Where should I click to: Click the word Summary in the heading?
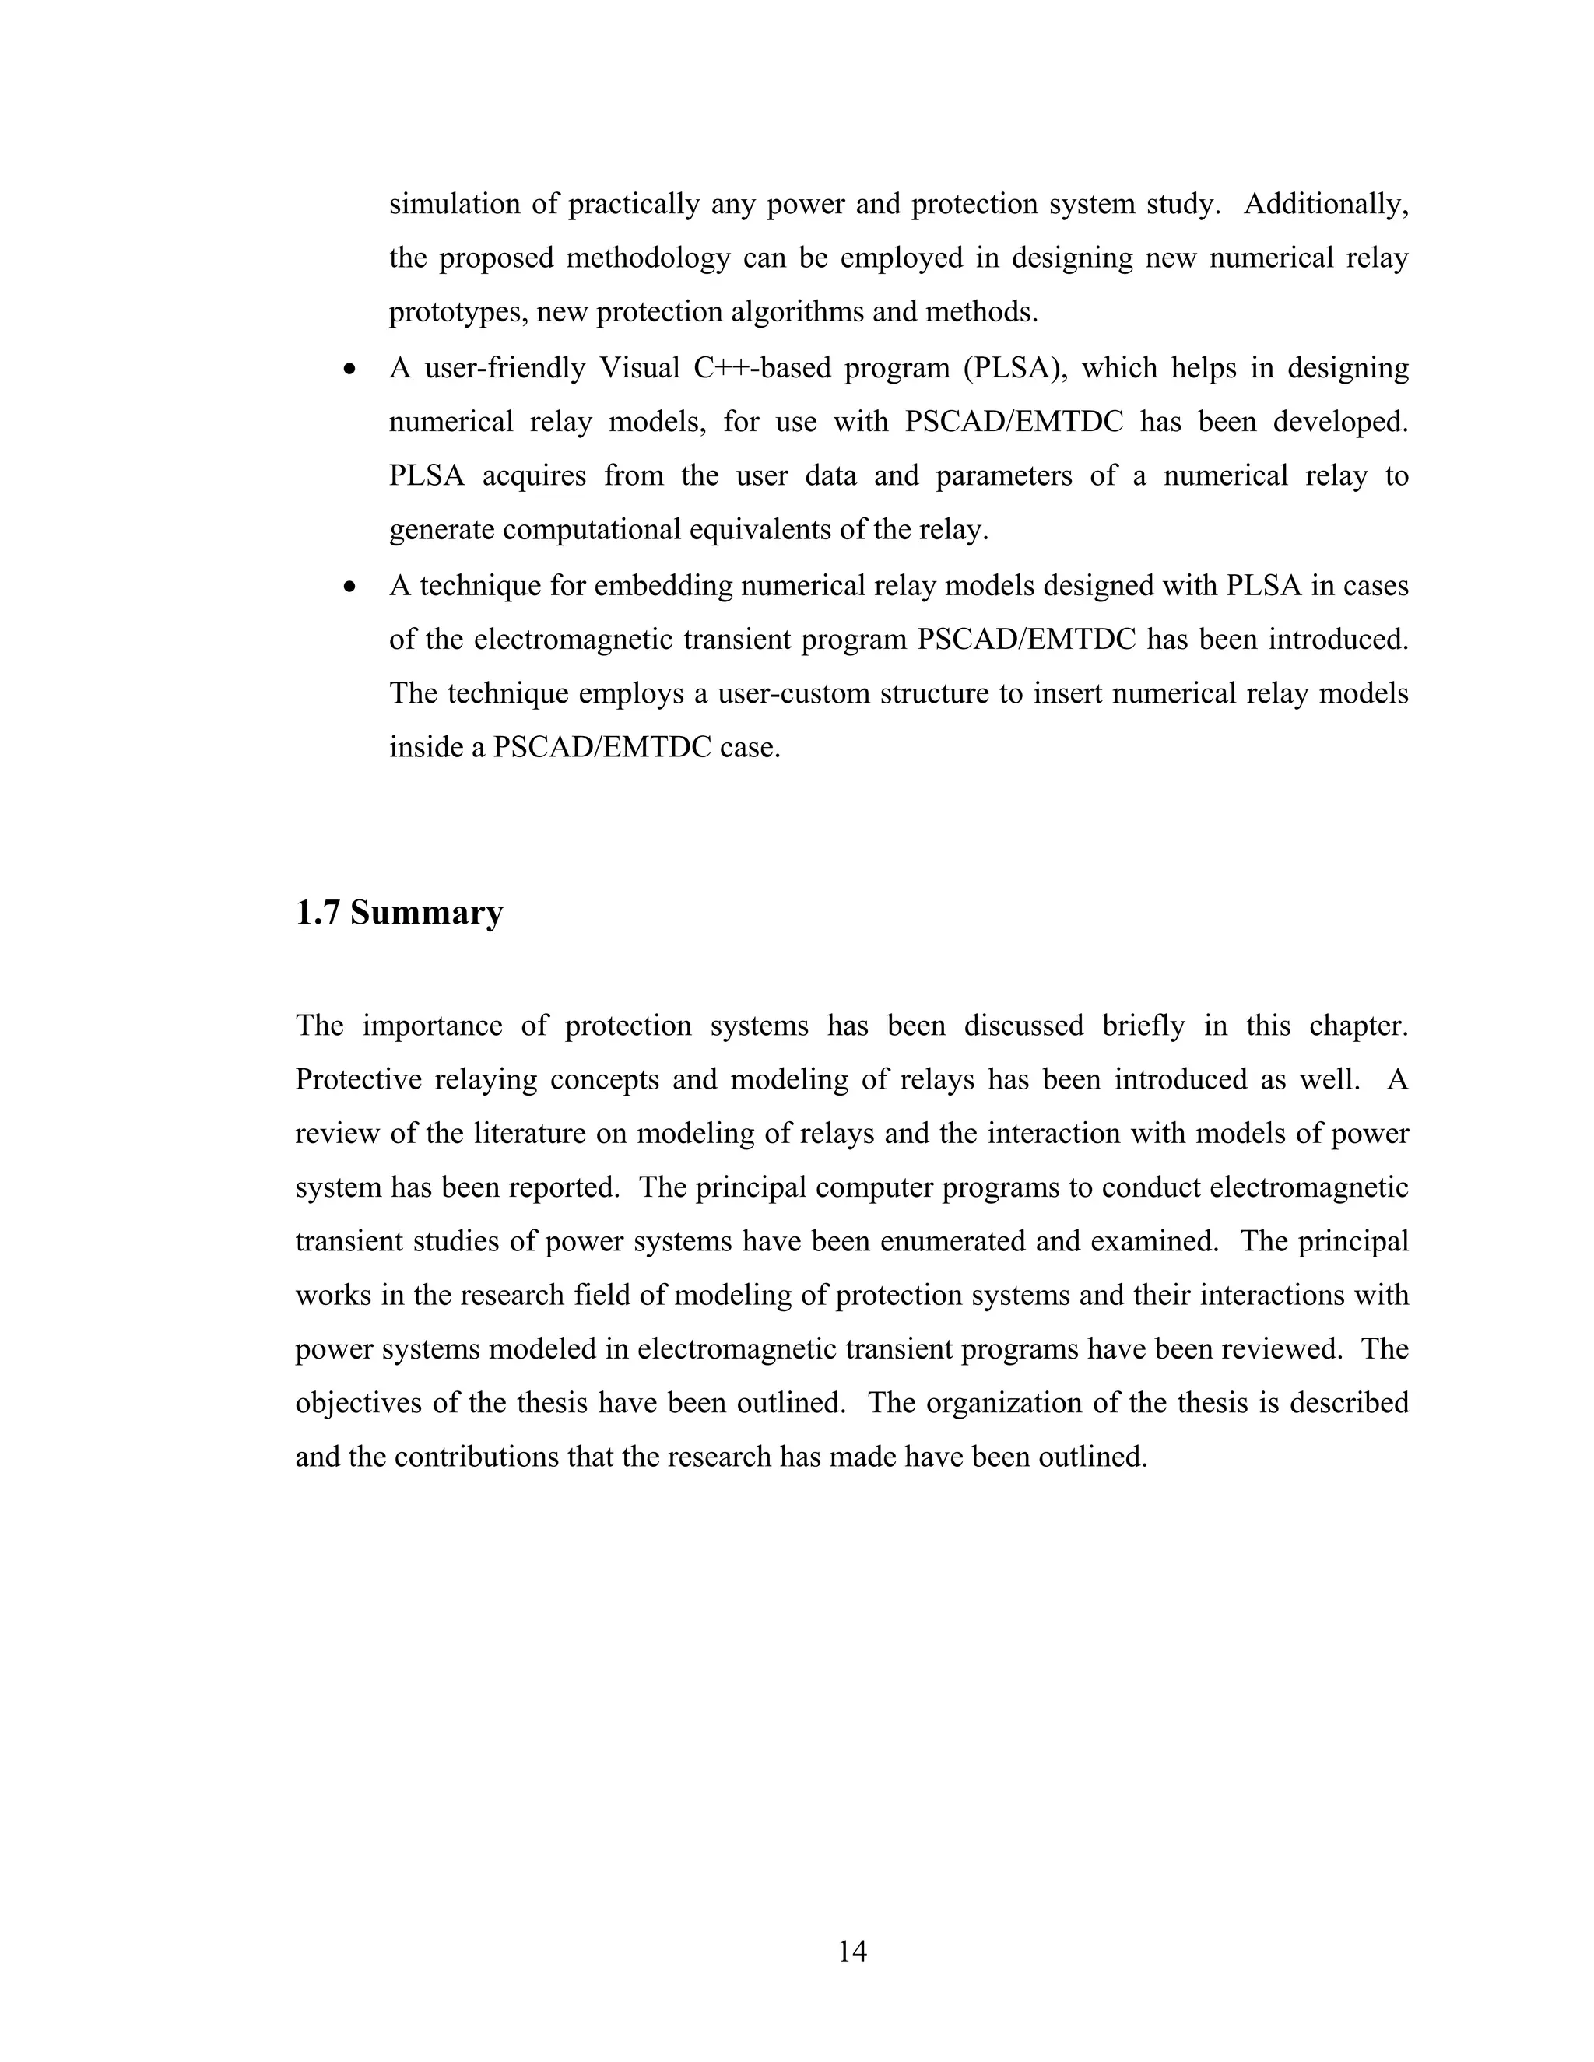click(x=426, y=913)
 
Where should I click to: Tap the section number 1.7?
click(x=318, y=913)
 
